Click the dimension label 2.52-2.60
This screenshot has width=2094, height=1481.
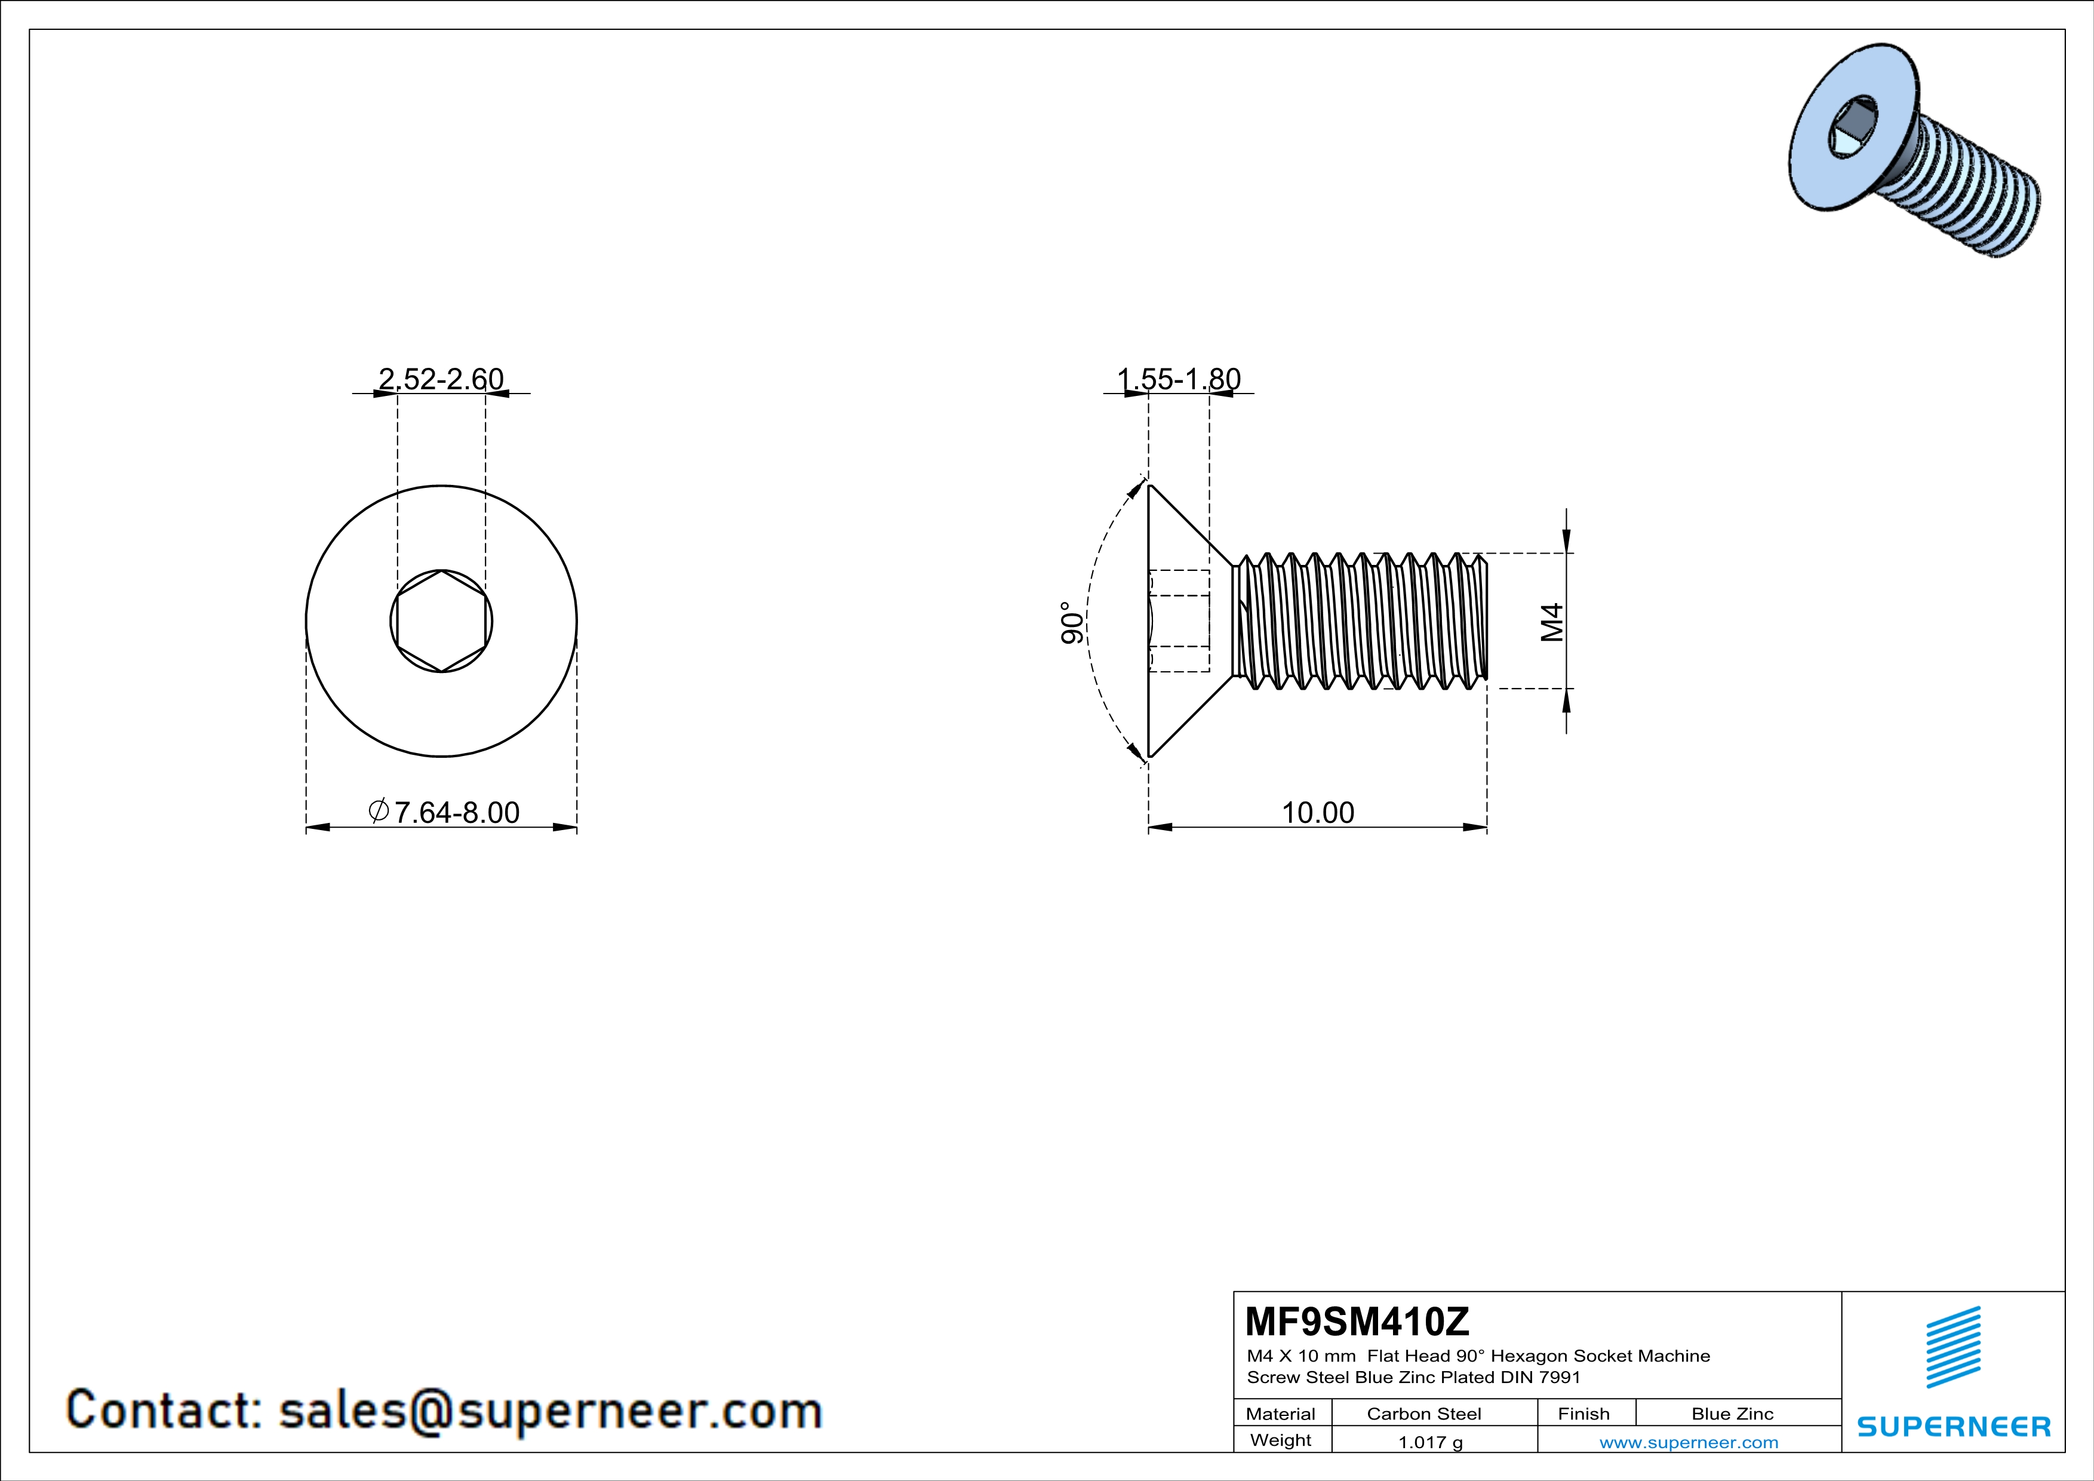click(441, 379)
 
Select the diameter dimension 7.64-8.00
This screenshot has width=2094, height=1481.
click(444, 812)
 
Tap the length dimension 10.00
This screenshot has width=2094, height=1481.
click(1318, 812)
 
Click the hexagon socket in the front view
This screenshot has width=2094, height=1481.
click(441, 622)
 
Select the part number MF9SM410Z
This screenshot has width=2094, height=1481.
click(1357, 1322)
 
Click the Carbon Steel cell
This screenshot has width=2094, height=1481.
click(1423, 1414)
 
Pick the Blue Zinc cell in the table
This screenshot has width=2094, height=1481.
click(1732, 1414)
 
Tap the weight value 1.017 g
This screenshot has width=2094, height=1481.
click(1430, 1442)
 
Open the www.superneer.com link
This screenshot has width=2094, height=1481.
click(1688, 1442)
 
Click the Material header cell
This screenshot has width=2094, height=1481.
click(1281, 1414)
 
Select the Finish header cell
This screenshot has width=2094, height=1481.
click(1583, 1414)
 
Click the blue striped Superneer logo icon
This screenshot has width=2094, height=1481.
click(1952, 1347)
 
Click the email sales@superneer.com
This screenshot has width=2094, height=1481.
click(550, 1410)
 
